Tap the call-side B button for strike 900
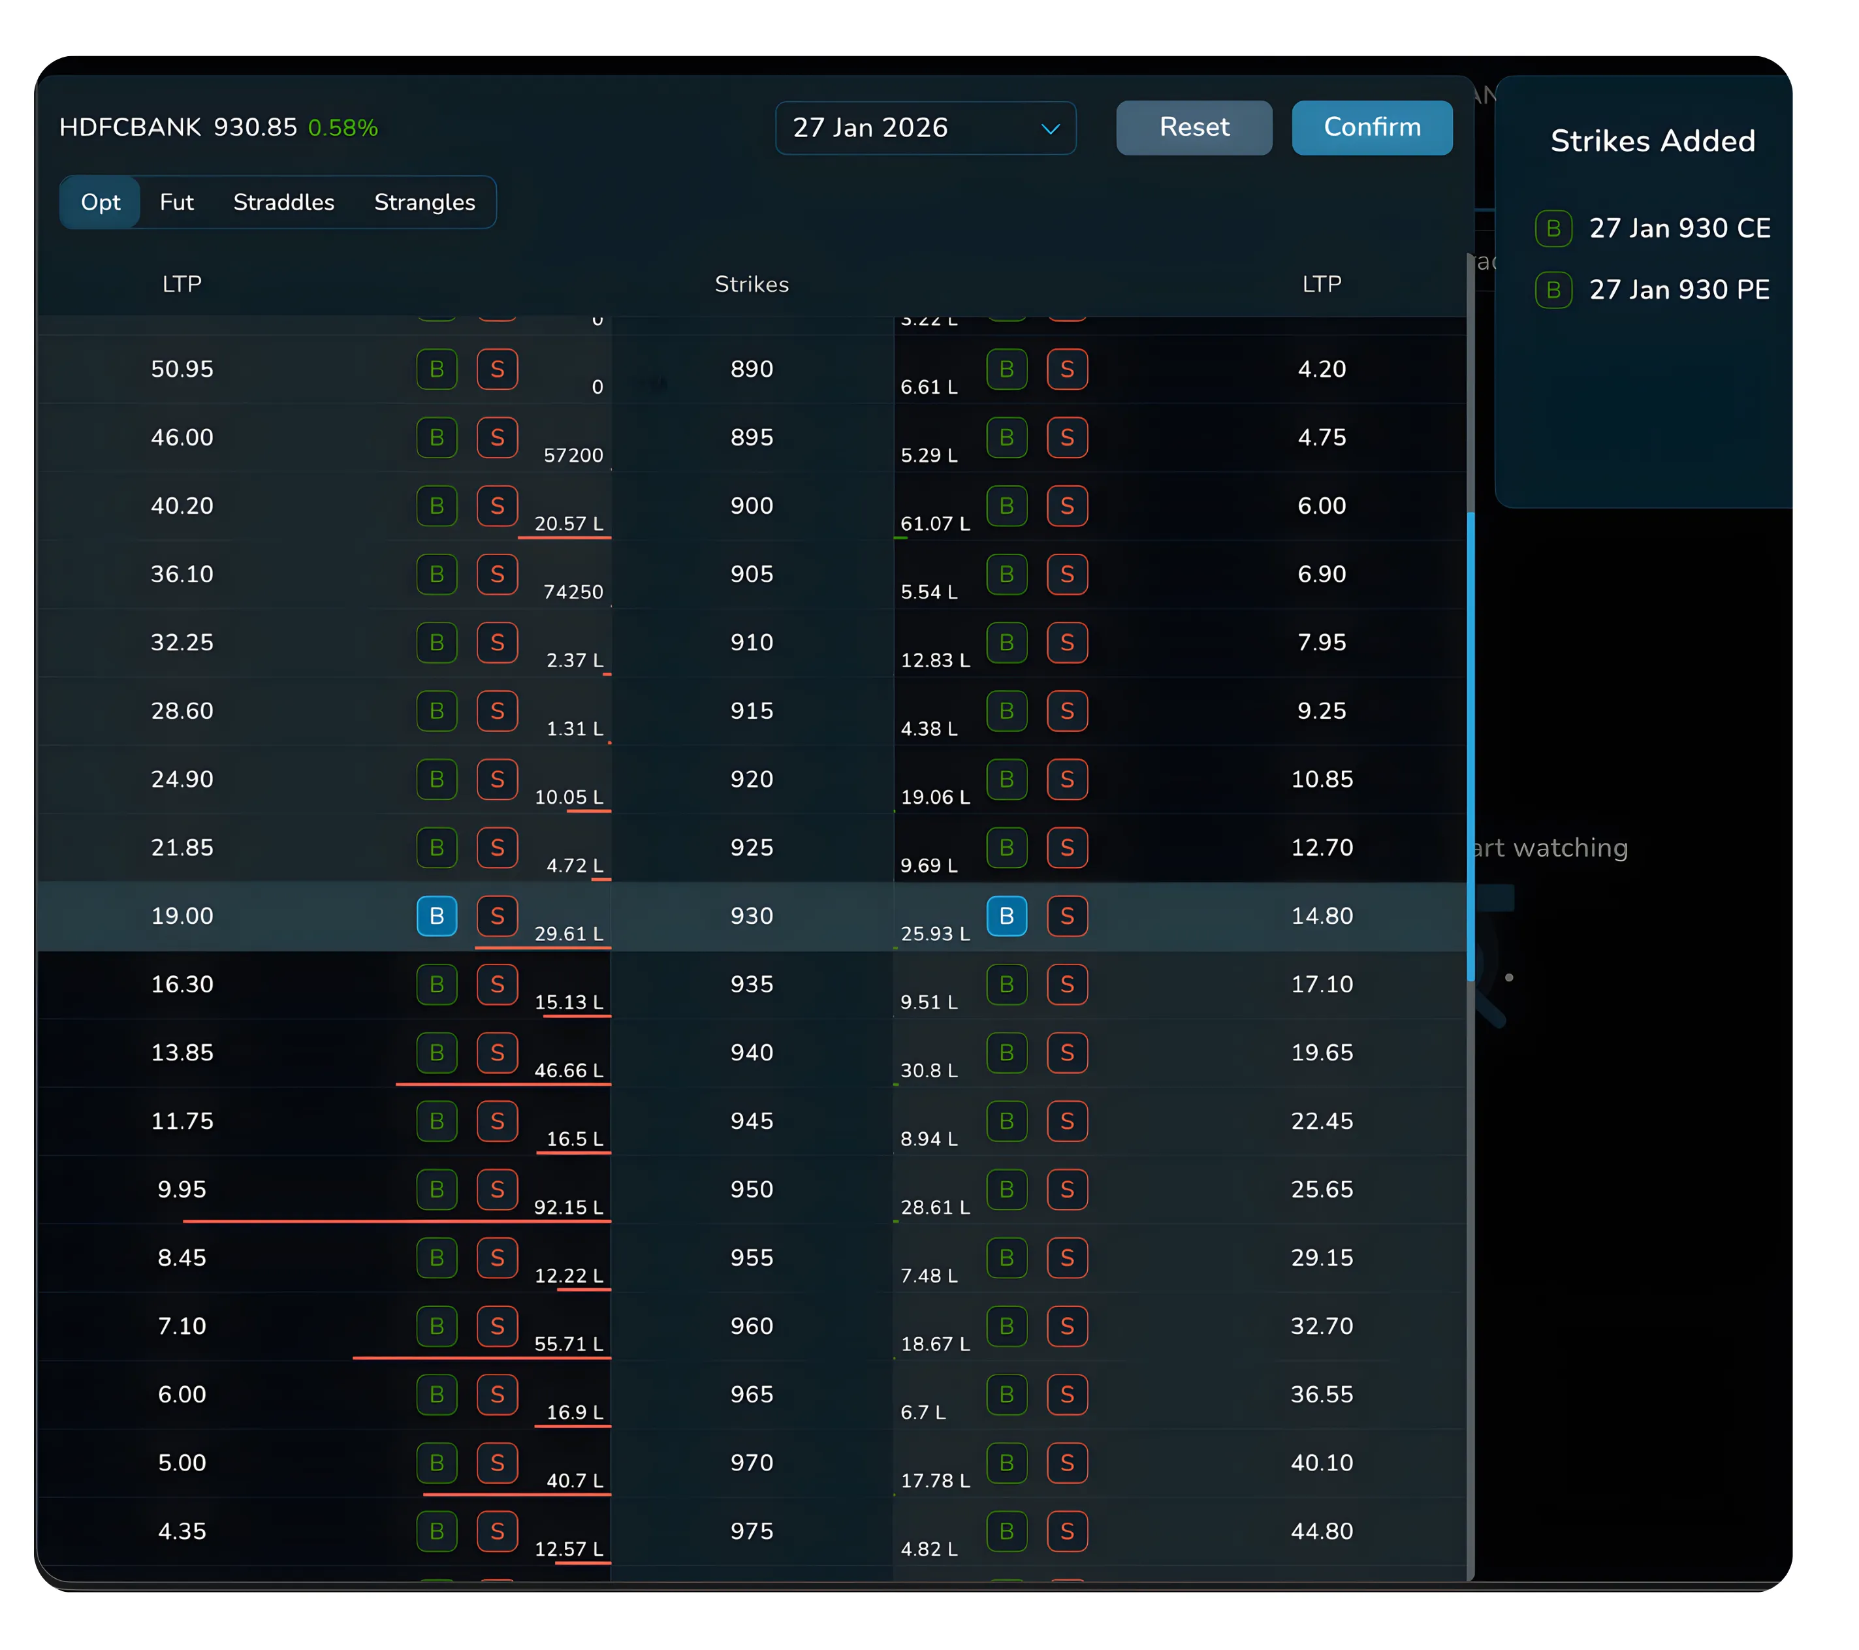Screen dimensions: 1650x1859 (437, 506)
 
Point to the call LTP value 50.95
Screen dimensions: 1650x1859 (182, 370)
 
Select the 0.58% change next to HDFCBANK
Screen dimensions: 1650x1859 (343, 128)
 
